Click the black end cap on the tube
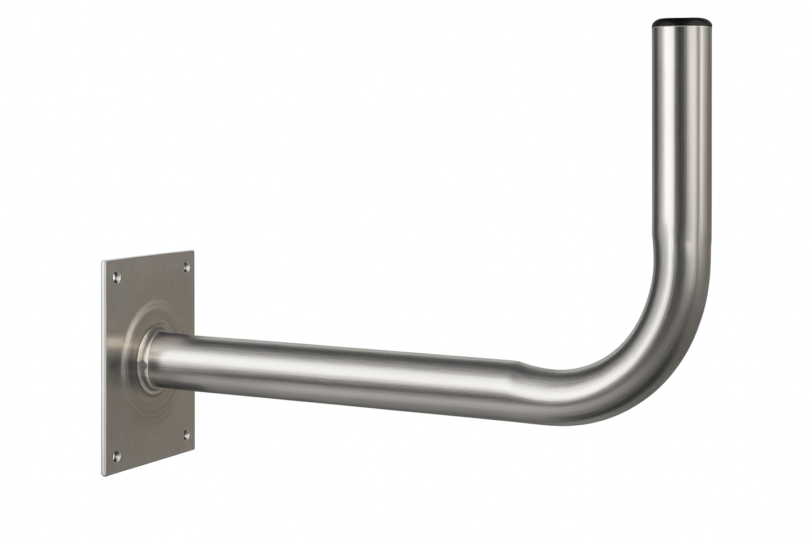(682, 24)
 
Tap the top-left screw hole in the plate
(116, 277)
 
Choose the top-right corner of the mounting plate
(193, 252)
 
